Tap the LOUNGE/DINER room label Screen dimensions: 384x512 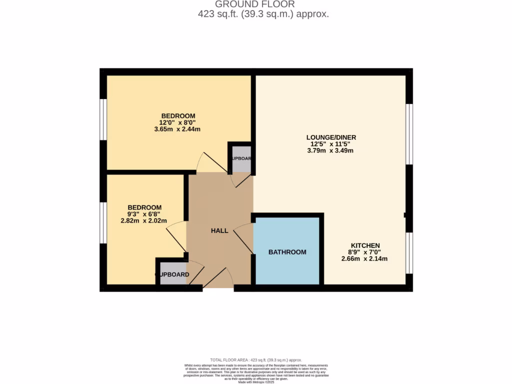[x=331, y=137]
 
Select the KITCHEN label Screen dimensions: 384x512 [x=365, y=245]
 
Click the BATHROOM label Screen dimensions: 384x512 [x=287, y=252]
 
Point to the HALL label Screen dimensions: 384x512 [x=219, y=230]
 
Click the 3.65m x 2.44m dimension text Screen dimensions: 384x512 [x=177, y=129]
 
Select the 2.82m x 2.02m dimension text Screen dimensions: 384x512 [x=144, y=220]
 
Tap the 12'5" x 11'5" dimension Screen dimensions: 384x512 [x=331, y=144]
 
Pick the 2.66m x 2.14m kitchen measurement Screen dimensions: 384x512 [x=364, y=258]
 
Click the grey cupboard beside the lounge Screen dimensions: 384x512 [x=241, y=159]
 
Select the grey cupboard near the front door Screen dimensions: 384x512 [x=173, y=274]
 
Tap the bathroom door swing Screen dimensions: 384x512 [x=244, y=237]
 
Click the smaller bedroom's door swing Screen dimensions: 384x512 [x=176, y=236]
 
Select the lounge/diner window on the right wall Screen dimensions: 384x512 [x=409, y=134]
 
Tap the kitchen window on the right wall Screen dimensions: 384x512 [x=409, y=253]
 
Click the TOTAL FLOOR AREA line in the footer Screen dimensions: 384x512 [x=256, y=360]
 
